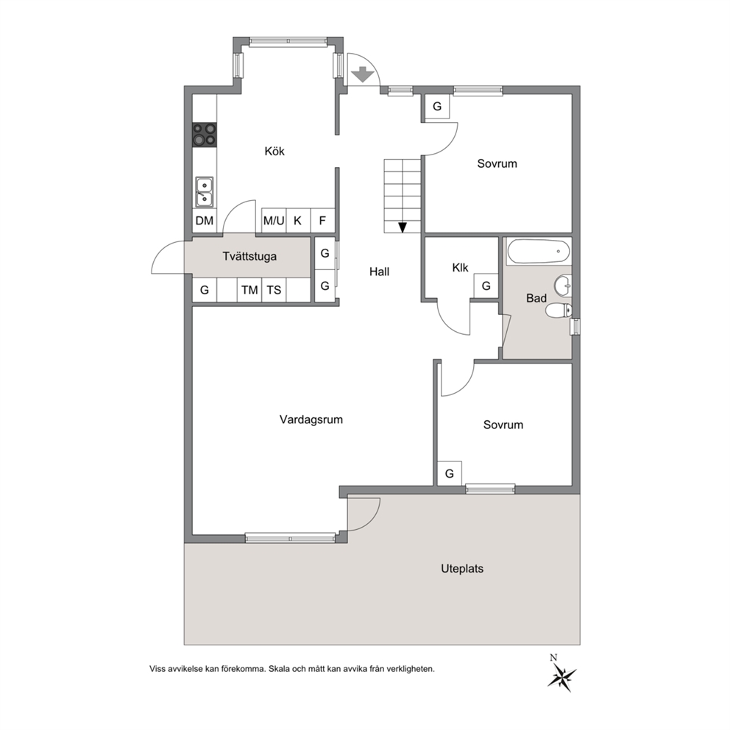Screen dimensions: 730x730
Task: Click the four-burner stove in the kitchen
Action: pos(205,135)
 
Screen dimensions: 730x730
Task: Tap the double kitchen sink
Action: pos(205,192)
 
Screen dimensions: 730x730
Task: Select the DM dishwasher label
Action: pos(205,221)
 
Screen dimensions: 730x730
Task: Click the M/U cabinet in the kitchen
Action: pos(274,220)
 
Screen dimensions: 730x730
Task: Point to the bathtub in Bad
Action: pos(538,252)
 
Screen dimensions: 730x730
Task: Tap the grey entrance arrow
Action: pos(362,74)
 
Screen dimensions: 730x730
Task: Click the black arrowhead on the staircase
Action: pos(403,227)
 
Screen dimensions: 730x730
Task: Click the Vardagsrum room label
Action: pos(311,419)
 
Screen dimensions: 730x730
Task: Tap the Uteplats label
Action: pos(462,568)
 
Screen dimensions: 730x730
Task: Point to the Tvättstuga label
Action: pos(249,257)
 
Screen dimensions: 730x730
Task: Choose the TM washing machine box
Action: pos(249,290)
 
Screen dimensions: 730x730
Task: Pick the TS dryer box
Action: pos(274,290)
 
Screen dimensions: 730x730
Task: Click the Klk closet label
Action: pos(460,268)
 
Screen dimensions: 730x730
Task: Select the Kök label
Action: pos(274,151)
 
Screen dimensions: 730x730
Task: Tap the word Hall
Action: pos(380,272)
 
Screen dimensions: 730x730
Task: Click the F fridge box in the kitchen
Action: pos(322,220)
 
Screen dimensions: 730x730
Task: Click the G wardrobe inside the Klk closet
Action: pos(486,286)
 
